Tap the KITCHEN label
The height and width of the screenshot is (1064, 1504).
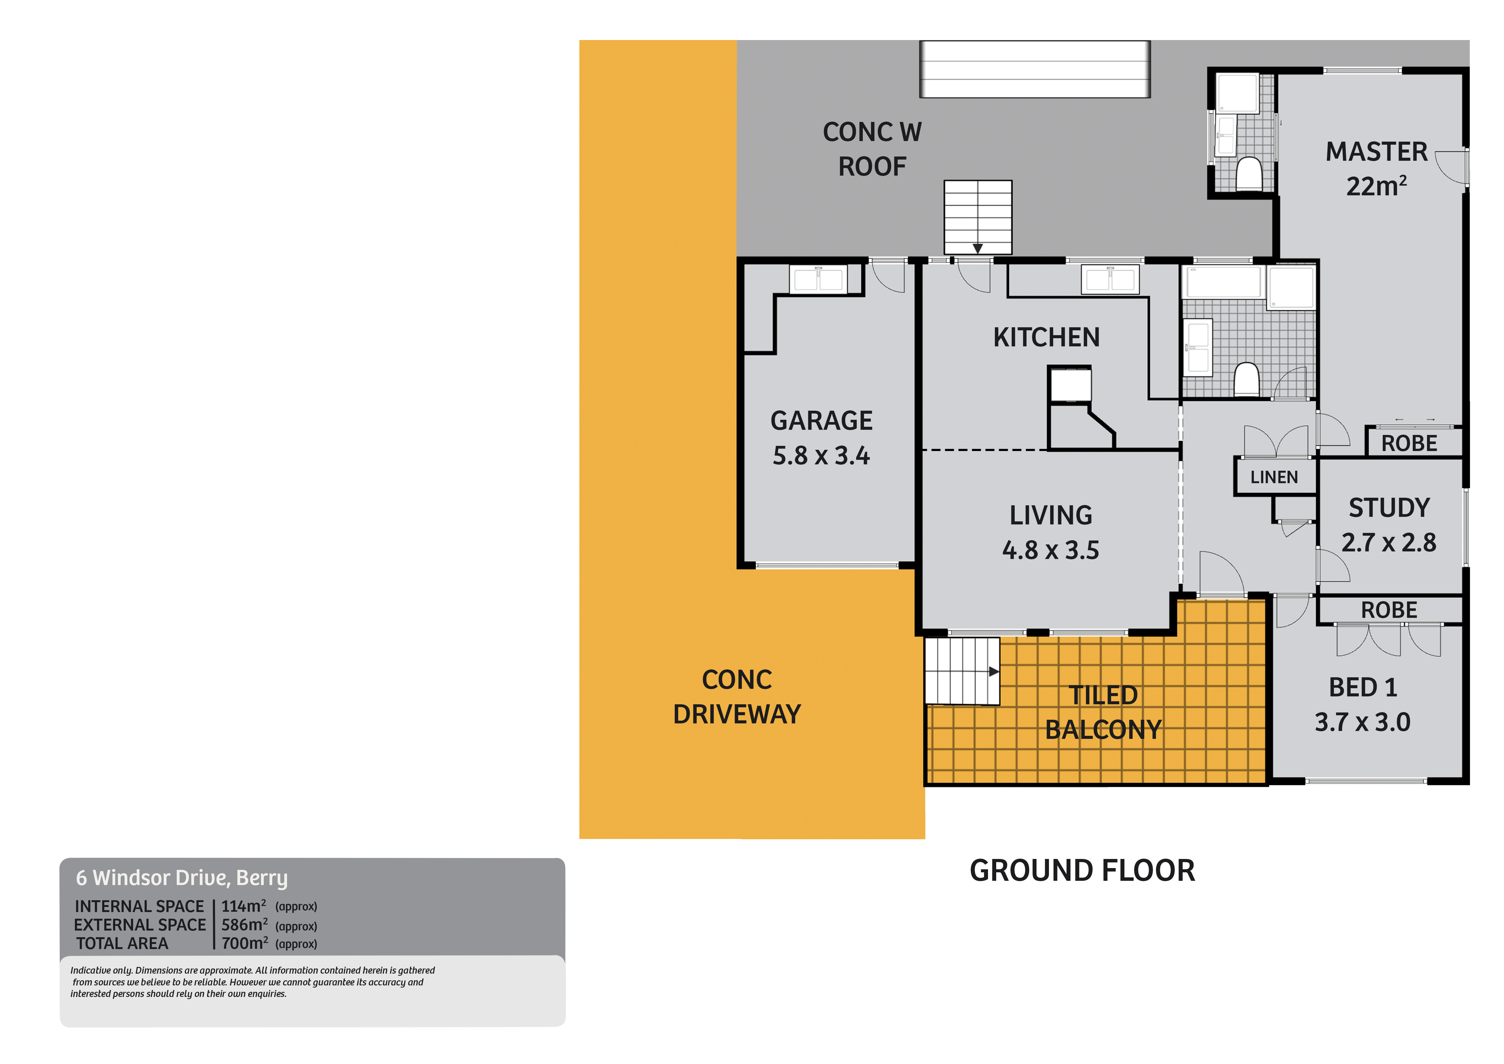1046,337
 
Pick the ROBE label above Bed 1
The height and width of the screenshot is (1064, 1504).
1389,610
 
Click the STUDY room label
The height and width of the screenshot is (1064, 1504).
1389,508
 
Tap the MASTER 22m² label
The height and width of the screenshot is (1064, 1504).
1376,169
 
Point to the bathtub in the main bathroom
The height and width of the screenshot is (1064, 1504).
1223,282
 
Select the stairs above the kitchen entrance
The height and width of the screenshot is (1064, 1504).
977,216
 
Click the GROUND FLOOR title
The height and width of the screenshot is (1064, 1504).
1082,871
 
